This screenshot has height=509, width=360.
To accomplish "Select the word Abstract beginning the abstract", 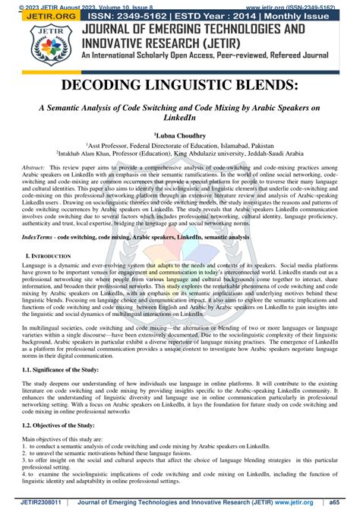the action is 33,166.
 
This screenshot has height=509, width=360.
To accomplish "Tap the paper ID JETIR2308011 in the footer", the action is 30,501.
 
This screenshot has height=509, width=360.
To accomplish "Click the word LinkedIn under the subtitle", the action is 180,118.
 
